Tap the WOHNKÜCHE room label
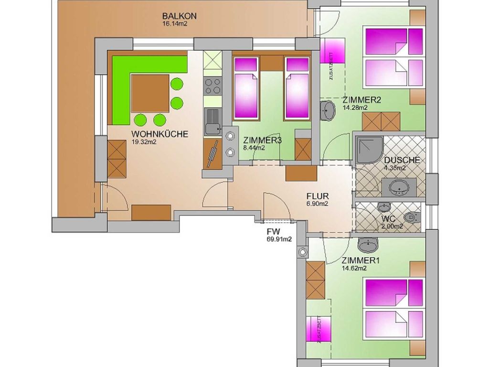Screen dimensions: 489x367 pyautogui.click(x=160, y=134)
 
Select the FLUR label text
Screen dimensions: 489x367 pyautogui.click(x=318, y=196)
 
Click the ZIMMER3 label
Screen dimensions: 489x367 pyautogui.click(x=263, y=140)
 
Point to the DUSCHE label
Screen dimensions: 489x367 pyautogui.click(x=402, y=161)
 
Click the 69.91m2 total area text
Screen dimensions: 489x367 pyautogui.click(x=277, y=239)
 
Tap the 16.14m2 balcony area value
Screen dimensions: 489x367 pyautogui.click(x=175, y=24)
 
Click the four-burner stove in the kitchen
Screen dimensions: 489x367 pyautogui.click(x=213, y=86)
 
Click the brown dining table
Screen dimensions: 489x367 pyautogui.click(x=150, y=93)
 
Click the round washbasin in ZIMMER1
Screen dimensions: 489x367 pyautogui.click(x=368, y=244)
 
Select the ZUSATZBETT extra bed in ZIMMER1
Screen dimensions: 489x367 pyautogui.click(x=319, y=329)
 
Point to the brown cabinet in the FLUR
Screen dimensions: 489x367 pyautogui.click(x=301, y=173)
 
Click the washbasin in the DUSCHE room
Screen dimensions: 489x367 pyautogui.click(x=400, y=187)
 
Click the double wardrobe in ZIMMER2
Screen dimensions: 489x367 pyautogui.click(x=381, y=121)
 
